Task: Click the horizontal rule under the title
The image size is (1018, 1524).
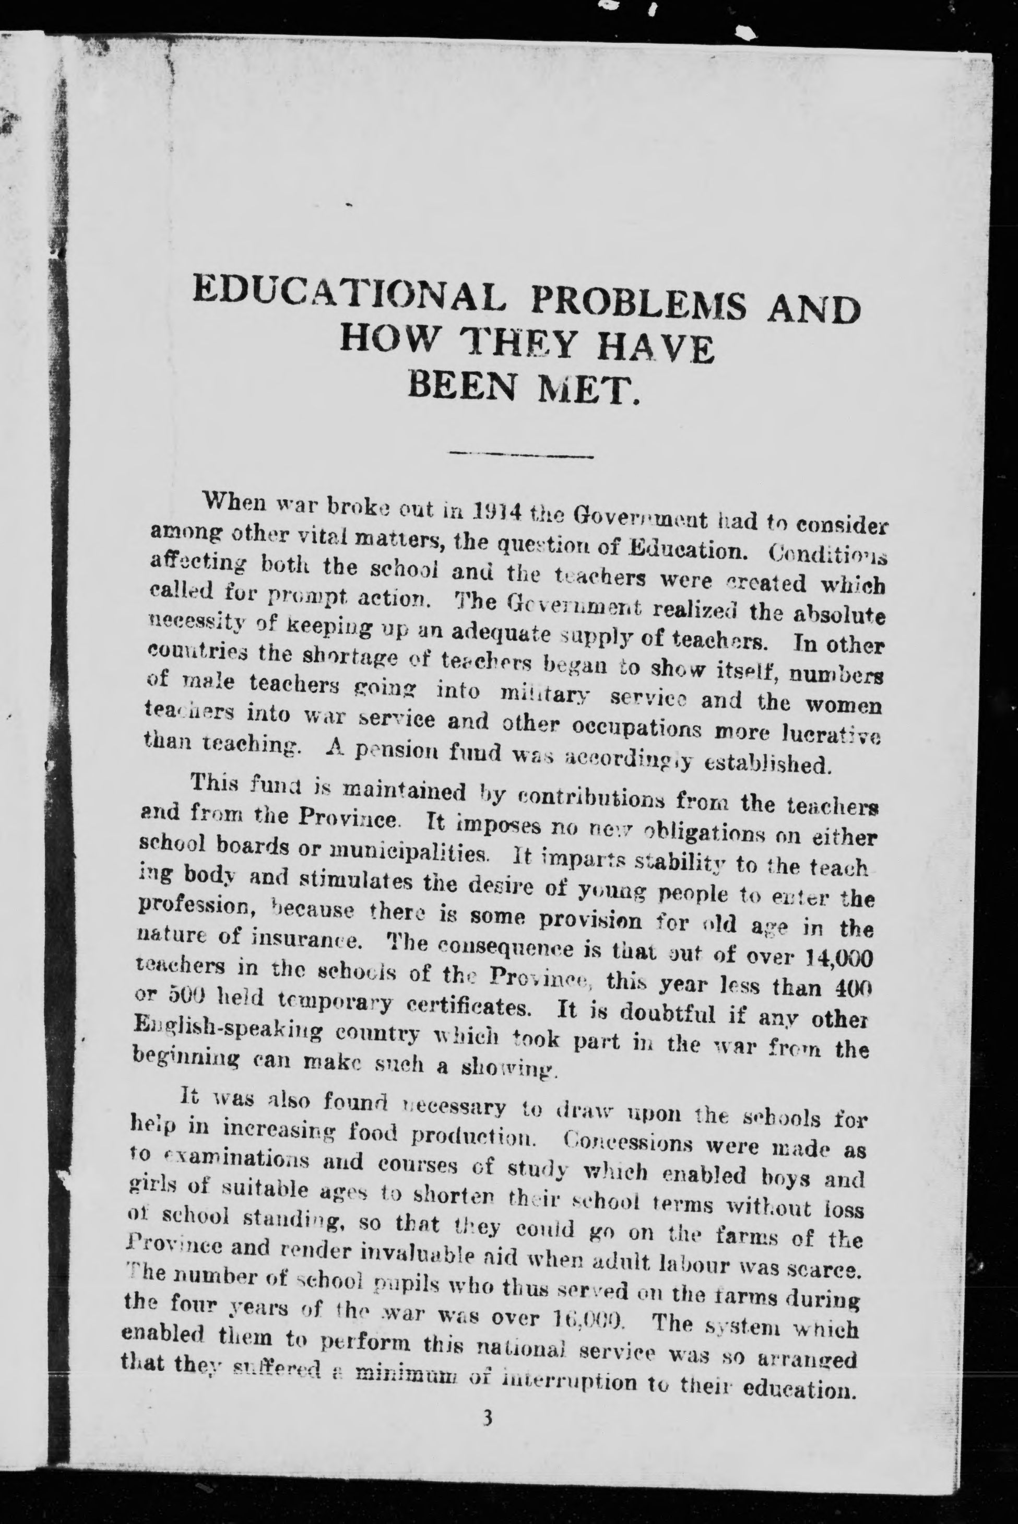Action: [522, 454]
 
